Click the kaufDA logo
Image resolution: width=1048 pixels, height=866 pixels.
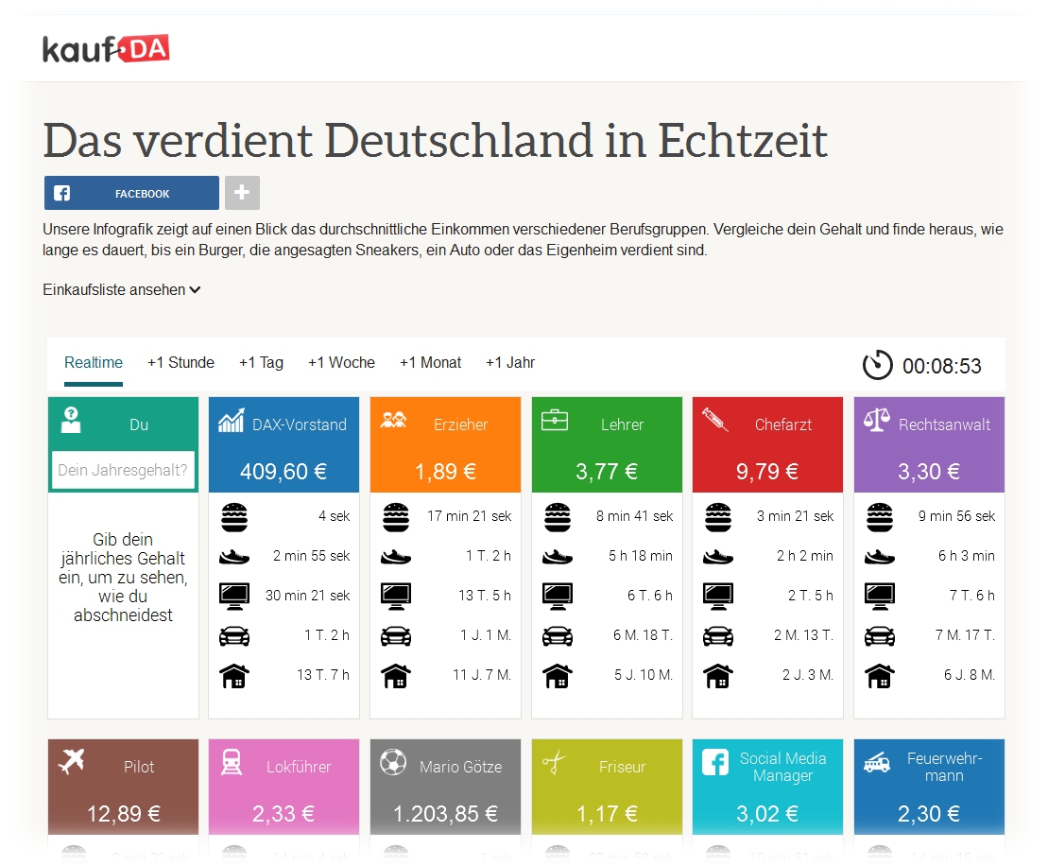pyautogui.click(x=106, y=48)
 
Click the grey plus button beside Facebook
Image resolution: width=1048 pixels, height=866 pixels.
pyautogui.click(x=242, y=193)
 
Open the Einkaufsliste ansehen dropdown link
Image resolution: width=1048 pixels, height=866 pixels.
pyautogui.click(x=122, y=290)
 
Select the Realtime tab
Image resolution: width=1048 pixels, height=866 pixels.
pyautogui.click(x=94, y=363)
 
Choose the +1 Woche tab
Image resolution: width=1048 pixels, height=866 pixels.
pyautogui.click(x=341, y=363)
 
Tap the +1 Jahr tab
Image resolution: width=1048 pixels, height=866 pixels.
pyautogui.click(x=510, y=363)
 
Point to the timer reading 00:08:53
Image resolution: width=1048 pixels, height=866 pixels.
pyautogui.click(x=941, y=366)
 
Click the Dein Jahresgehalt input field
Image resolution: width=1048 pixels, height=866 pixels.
pyautogui.click(x=123, y=470)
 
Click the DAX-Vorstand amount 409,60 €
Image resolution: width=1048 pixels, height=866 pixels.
pyautogui.click(x=283, y=472)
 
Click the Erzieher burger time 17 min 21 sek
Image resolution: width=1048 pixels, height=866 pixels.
pyautogui.click(x=470, y=516)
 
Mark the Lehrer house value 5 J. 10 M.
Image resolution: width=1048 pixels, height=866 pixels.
pyautogui.click(x=644, y=675)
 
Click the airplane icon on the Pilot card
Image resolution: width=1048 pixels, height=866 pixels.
pyautogui.click(x=71, y=761)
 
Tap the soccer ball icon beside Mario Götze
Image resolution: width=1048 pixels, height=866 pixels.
pyautogui.click(x=393, y=762)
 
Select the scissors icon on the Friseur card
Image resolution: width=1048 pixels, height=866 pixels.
pyautogui.click(x=555, y=762)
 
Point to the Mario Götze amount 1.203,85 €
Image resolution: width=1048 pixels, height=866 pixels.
pyautogui.click(x=445, y=814)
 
